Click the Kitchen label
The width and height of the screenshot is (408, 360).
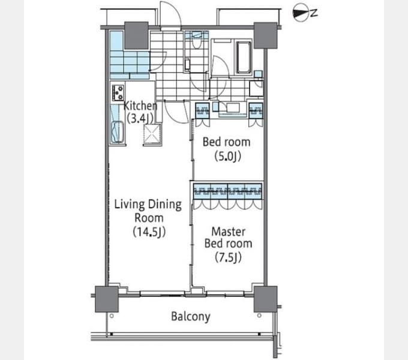[x=140, y=106]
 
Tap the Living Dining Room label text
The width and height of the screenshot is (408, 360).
[x=148, y=211]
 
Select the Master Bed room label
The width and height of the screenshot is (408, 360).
[x=228, y=238]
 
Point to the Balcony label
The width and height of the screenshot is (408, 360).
[x=191, y=317]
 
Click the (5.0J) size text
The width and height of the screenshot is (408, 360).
[x=227, y=157]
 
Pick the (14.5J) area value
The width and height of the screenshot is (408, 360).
[x=149, y=232]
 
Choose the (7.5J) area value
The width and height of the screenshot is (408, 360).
[x=228, y=257]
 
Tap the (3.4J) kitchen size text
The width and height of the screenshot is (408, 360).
[x=140, y=119]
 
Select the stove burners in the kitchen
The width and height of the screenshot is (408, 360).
[x=118, y=92]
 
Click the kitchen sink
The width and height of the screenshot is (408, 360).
[x=118, y=132]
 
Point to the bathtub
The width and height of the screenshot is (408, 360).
[x=244, y=57]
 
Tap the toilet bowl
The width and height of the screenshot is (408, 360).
[x=196, y=43]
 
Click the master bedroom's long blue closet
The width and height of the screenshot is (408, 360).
[x=227, y=192]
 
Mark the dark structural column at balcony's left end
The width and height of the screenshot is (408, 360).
[x=107, y=299]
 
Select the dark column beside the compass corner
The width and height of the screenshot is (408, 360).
[x=265, y=35]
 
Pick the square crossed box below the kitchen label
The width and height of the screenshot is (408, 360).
[x=152, y=134]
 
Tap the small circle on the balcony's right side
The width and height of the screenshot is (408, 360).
[x=259, y=316]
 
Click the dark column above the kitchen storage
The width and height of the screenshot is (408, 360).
[x=136, y=35]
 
